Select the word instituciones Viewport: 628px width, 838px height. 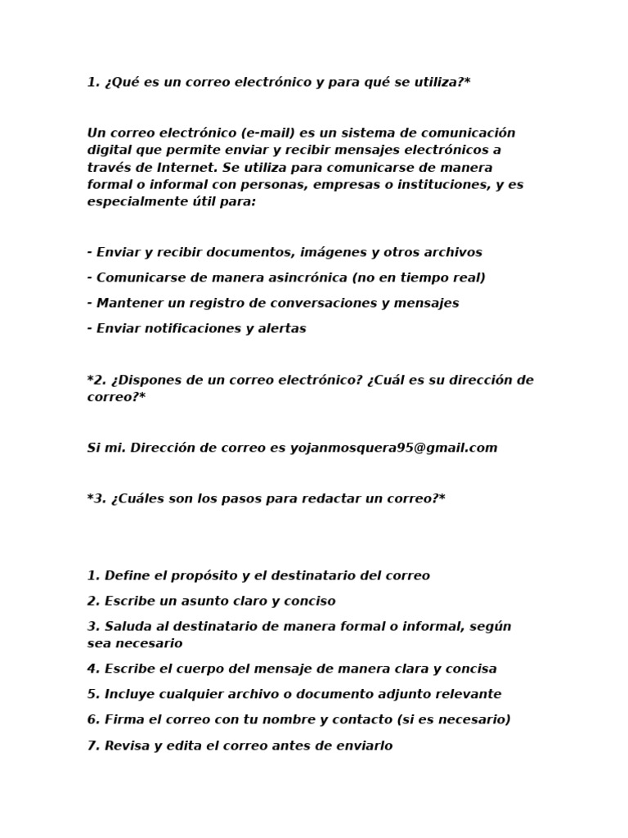pos(438,184)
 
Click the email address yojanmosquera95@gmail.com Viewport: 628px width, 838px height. pos(393,448)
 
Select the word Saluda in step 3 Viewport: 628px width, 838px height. pos(128,626)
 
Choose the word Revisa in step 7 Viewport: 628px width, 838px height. pos(128,746)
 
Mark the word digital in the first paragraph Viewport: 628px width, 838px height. pos(109,150)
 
